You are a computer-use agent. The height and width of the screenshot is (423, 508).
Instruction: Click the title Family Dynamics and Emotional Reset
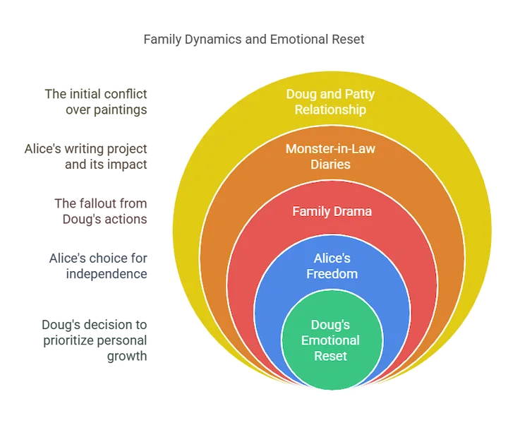click(254, 40)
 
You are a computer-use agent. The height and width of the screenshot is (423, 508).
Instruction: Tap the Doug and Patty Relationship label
click(330, 102)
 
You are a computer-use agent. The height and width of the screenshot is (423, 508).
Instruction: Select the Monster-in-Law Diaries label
click(330, 156)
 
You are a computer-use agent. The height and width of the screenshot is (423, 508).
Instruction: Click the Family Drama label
click(332, 212)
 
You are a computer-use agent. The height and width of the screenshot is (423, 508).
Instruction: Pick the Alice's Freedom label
click(332, 266)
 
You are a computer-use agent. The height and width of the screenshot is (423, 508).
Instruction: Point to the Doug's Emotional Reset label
click(330, 340)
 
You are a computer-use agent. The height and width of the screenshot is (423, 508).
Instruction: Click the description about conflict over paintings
click(96, 102)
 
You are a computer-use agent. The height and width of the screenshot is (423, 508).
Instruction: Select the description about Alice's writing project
click(86, 156)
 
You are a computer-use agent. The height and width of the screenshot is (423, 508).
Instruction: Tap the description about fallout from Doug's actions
click(101, 211)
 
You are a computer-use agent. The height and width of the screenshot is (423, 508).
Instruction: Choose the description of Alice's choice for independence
click(98, 266)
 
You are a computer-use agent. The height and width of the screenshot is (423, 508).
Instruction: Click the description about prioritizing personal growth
click(95, 340)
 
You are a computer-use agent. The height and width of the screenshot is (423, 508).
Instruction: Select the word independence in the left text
click(107, 274)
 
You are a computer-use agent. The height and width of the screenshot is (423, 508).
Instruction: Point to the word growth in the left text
click(127, 357)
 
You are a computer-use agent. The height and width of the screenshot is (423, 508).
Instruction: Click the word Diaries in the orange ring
click(330, 165)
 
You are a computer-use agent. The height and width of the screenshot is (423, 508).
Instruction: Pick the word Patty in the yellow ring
click(360, 95)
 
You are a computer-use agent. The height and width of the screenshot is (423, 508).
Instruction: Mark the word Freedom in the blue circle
click(332, 274)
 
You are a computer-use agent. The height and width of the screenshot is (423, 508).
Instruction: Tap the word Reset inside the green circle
click(330, 356)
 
